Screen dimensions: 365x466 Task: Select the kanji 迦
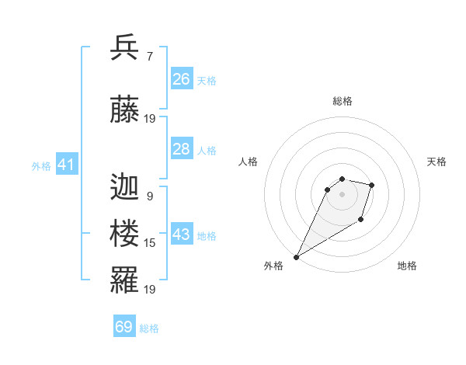124,186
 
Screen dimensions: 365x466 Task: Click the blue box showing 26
181,78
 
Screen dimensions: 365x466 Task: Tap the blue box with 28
181,149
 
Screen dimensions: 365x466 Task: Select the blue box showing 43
181,235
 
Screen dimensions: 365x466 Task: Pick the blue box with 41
66,165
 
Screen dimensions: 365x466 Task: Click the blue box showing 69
124,327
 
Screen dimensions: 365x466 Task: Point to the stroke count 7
149,57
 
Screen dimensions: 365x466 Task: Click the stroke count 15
150,243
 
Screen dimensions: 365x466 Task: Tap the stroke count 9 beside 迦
149,196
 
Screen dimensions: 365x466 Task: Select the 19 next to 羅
150,290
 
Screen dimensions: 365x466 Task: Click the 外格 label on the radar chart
273,266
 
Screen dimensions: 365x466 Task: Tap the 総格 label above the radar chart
342,101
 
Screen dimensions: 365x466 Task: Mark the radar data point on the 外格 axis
297,255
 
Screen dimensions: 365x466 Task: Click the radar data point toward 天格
372,185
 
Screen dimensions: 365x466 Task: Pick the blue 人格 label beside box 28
207,150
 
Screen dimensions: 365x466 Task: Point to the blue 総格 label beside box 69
149,328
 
